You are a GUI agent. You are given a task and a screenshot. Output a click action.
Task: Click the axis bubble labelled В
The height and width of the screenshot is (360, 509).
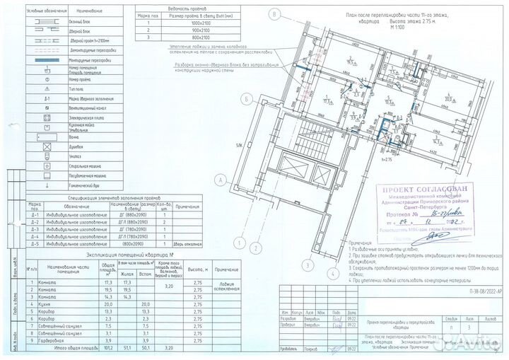[272, 14]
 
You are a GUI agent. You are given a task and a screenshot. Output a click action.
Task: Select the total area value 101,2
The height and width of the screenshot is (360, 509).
[107, 347]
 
